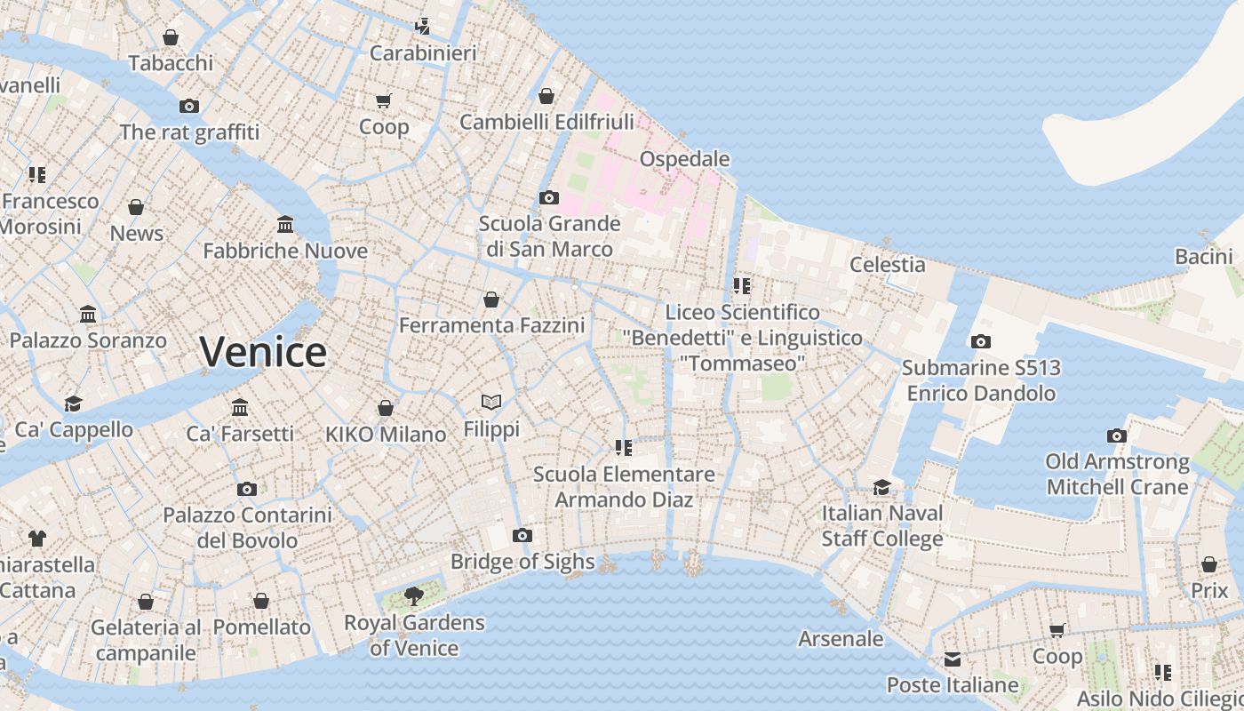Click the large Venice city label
[x=263, y=352]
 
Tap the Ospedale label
[x=685, y=159]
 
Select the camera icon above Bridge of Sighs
[x=522, y=535]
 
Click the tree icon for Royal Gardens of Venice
[x=413, y=595]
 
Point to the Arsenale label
[x=841, y=639]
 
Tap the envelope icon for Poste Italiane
[x=953, y=659]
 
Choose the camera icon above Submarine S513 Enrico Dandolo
[x=981, y=341]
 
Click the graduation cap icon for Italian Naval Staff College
[x=881, y=487]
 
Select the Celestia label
[x=887, y=264]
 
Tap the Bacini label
[x=1203, y=257]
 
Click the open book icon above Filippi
[x=491, y=403]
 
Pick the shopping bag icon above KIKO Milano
[x=386, y=408]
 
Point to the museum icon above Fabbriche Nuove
[x=285, y=224]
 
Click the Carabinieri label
[x=423, y=53]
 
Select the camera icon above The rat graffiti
[x=189, y=106]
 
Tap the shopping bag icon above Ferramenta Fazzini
[x=491, y=300]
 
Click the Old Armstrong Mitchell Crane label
[x=1117, y=474]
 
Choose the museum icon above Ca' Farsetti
[x=240, y=407]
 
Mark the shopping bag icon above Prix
[x=1209, y=564]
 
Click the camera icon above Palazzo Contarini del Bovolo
[x=247, y=489]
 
